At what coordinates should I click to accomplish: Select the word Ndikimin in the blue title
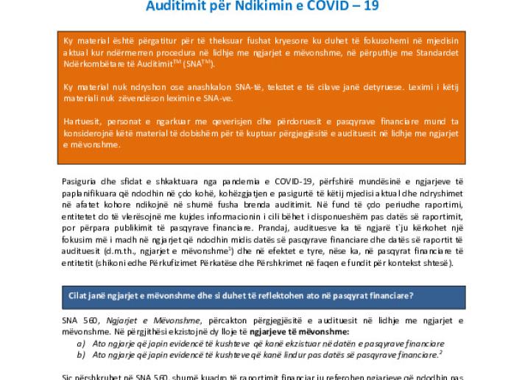tap(272, 7)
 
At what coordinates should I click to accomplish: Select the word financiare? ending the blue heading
tap(389, 295)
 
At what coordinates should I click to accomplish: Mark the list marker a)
tap(81, 343)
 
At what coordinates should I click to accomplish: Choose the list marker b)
tap(81, 355)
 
